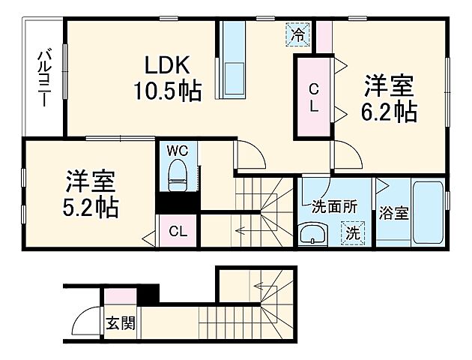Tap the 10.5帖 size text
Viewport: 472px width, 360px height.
pyautogui.click(x=166, y=91)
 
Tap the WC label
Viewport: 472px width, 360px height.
pyautogui.click(x=177, y=150)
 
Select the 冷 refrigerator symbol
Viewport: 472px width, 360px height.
pyautogui.click(x=298, y=33)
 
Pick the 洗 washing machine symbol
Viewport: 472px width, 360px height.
pyautogui.click(x=351, y=232)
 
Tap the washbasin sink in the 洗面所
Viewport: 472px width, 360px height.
pyautogui.click(x=310, y=235)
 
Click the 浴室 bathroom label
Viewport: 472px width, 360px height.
pyautogui.click(x=393, y=212)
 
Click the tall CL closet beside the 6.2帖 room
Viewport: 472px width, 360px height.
pyautogui.click(x=313, y=97)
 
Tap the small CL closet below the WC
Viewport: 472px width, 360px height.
pyautogui.click(x=178, y=231)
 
